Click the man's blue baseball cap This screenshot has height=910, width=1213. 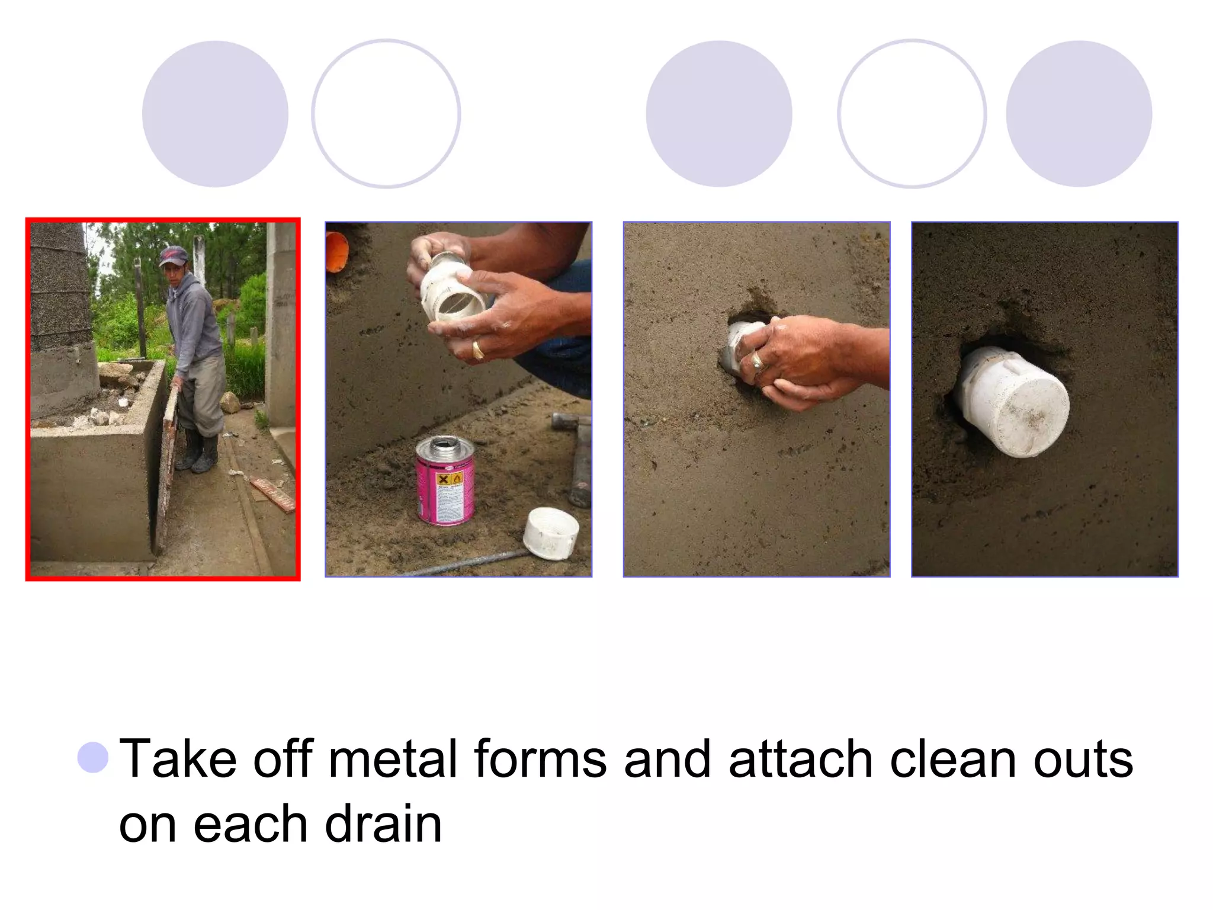coord(173,256)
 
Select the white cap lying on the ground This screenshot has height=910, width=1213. coord(551,532)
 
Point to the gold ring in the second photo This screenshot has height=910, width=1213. coord(477,350)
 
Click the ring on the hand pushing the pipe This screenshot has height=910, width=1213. coord(758,361)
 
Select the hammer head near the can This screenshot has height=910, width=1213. coord(571,421)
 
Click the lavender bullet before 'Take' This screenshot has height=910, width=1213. coord(93,757)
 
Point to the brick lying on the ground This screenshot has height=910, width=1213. coord(272,494)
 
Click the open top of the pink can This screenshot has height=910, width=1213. coord(445,443)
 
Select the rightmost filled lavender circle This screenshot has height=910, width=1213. coord(1079,114)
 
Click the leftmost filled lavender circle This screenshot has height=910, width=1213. coord(215,114)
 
